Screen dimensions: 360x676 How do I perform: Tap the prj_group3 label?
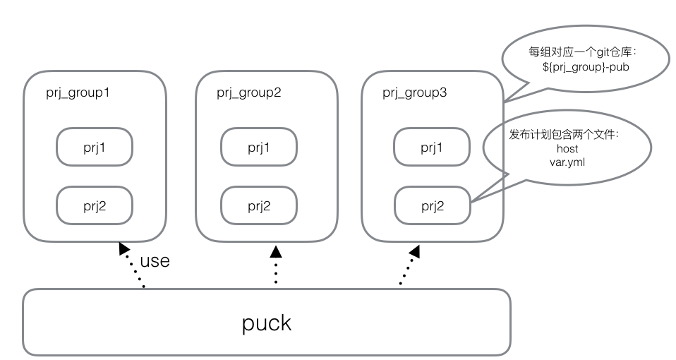[x=415, y=92]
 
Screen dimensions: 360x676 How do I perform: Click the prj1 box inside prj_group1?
[x=95, y=147]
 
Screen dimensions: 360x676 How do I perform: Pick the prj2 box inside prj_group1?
[x=95, y=205]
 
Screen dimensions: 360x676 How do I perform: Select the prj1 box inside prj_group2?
[x=259, y=147]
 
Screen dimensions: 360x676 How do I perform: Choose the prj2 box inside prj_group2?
[x=259, y=205]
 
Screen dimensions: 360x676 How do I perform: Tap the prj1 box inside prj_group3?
[x=432, y=147]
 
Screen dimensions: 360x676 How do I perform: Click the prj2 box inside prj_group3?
[x=432, y=205]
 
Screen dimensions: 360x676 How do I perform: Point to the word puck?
[x=266, y=323]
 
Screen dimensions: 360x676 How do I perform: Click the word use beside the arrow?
[x=155, y=260]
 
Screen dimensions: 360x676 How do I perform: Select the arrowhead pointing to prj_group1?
[x=124, y=248]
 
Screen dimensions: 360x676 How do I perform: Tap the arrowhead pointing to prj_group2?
[x=276, y=251]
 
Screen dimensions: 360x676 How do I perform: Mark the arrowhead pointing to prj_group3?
[x=415, y=251]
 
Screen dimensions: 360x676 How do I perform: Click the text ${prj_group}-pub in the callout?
[x=581, y=67]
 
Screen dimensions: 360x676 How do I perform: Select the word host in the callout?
[x=567, y=149]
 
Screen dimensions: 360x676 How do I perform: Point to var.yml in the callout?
[x=567, y=161]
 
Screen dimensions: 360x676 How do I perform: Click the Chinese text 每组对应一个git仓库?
[x=583, y=52]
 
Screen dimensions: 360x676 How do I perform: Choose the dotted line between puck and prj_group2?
[x=276, y=272]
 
